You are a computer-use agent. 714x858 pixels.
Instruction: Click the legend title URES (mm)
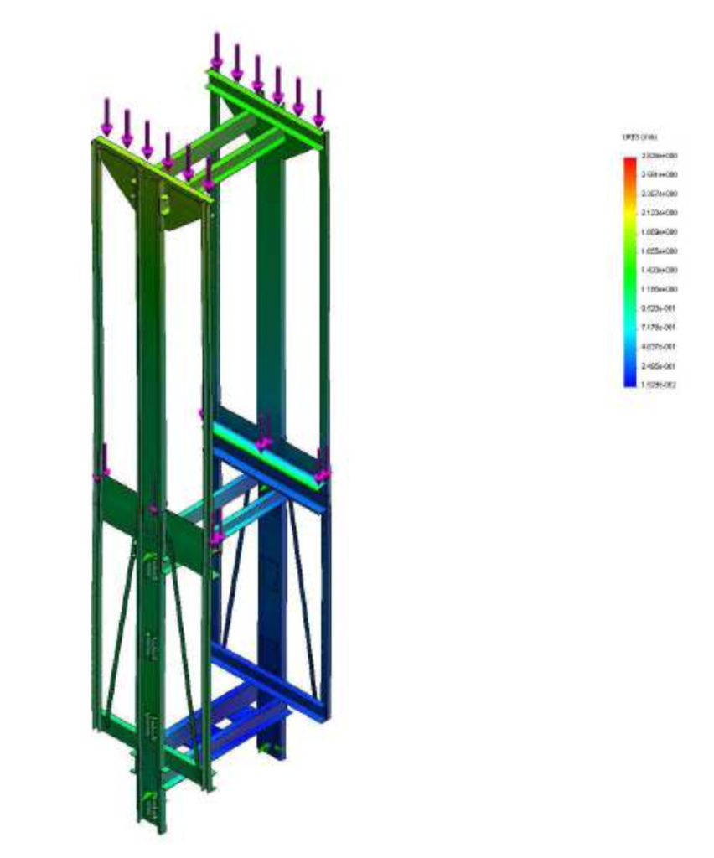tap(639, 137)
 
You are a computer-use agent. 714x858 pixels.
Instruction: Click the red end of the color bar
tap(629, 161)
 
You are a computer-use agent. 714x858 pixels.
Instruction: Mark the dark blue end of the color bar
tap(629, 381)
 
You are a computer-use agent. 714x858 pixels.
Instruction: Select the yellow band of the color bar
tap(629, 215)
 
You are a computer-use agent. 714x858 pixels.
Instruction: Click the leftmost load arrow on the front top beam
tap(106, 116)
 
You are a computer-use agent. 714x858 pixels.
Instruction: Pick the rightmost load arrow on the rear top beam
tap(318, 107)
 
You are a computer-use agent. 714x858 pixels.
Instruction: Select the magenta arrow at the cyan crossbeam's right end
tap(321, 466)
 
